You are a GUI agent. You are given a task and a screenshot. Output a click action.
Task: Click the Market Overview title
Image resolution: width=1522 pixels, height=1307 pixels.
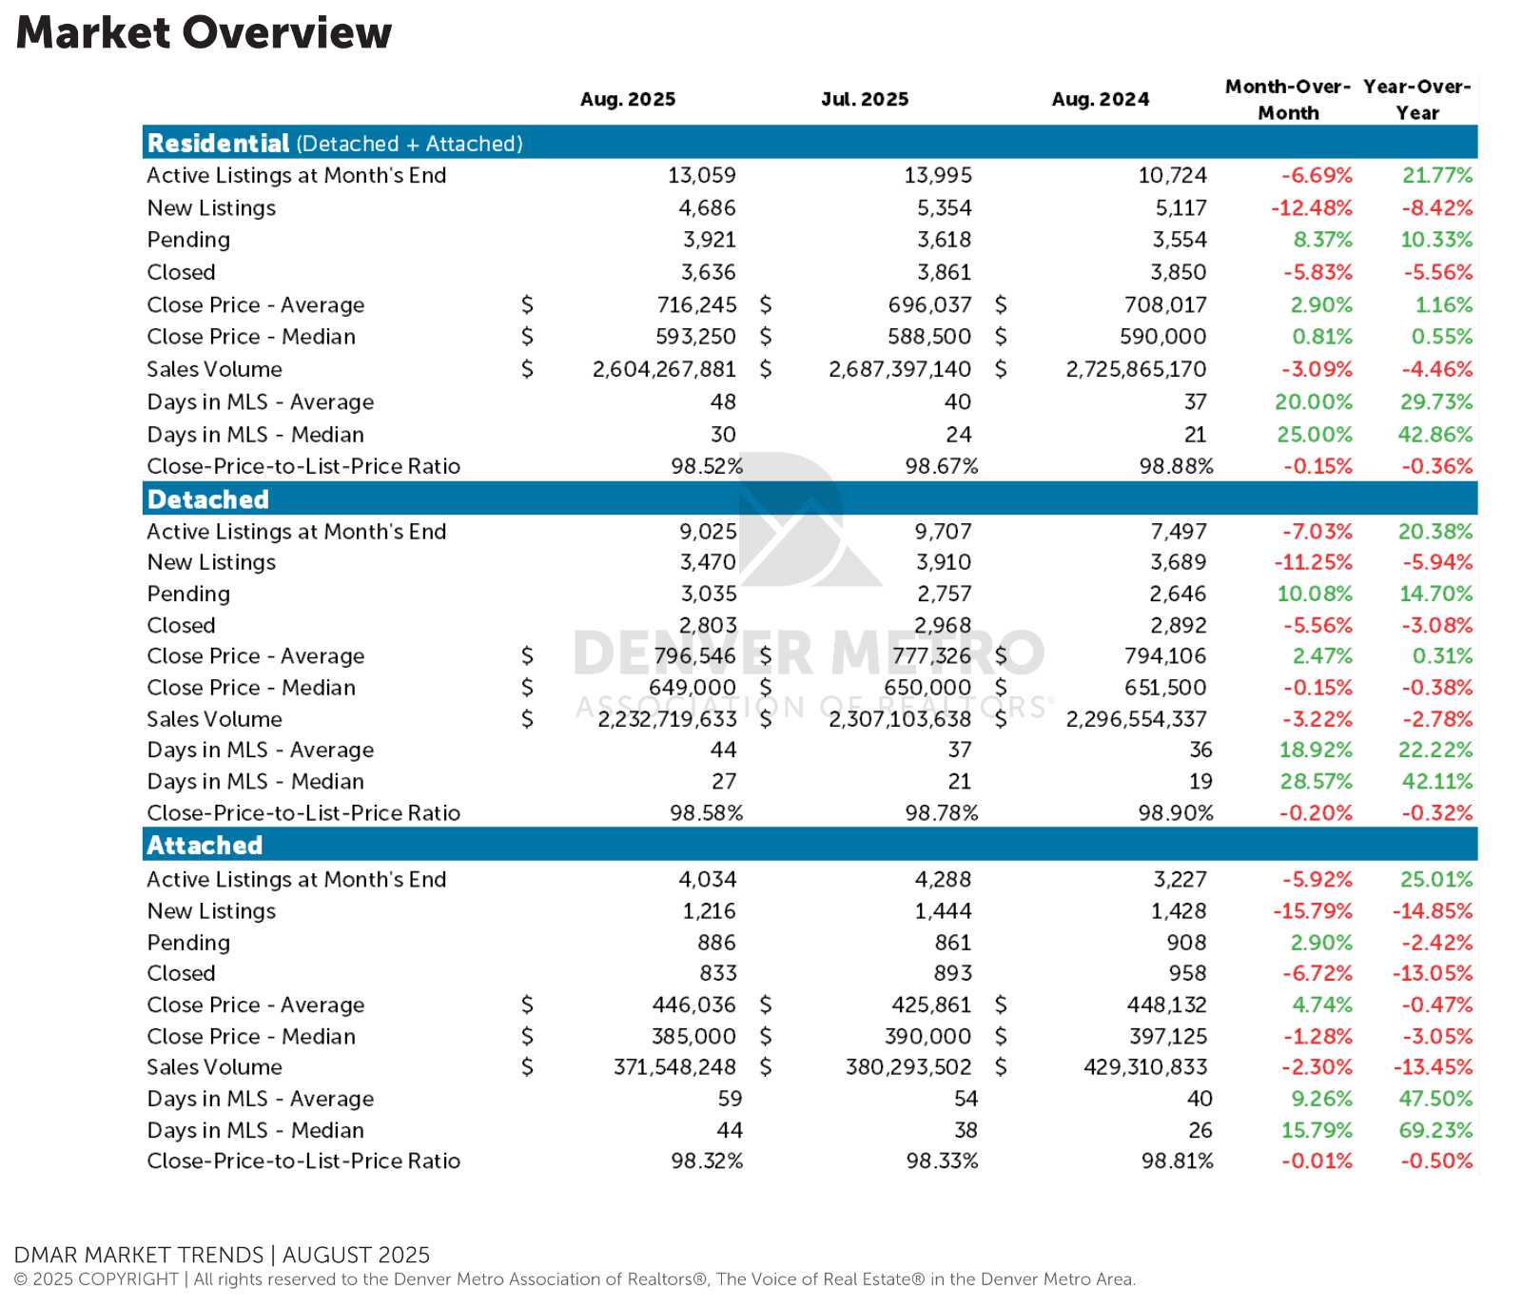click(x=204, y=32)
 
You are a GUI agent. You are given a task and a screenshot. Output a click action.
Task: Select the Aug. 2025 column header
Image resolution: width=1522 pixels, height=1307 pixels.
click(x=628, y=99)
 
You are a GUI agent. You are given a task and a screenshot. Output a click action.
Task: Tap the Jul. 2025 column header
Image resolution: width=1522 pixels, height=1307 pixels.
click(x=865, y=99)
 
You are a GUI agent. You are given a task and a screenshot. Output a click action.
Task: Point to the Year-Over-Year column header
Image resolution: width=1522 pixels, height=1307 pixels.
click(x=1416, y=99)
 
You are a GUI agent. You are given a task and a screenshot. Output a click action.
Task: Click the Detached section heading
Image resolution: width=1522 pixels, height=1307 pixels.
click(x=208, y=499)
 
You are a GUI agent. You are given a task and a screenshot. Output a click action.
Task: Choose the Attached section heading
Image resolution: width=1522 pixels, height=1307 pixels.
click(x=205, y=846)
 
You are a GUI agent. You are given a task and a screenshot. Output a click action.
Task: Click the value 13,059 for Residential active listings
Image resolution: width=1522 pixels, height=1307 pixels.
click(x=701, y=175)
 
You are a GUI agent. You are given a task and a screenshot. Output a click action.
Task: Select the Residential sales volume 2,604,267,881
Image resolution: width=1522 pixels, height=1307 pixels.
click(x=664, y=369)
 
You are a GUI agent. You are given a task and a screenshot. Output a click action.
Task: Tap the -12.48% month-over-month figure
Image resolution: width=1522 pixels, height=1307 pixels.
click(x=1312, y=207)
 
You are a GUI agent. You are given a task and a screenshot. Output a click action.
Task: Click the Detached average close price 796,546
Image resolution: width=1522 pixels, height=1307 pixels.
click(x=694, y=656)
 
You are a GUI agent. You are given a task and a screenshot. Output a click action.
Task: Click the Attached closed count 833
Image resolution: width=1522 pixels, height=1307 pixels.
click(x=717, y=973)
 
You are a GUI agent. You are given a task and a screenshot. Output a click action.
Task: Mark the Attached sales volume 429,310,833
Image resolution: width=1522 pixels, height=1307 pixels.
click(x=1145, y=1067)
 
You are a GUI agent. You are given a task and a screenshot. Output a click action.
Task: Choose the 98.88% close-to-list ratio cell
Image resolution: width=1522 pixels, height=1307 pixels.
click(x=1176, y=466)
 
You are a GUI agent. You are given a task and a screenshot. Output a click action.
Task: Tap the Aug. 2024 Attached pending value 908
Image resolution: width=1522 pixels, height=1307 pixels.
click(x=1186, y=943)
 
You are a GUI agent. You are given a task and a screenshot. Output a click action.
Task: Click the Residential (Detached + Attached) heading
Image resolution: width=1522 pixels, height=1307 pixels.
click(x=335, y=144)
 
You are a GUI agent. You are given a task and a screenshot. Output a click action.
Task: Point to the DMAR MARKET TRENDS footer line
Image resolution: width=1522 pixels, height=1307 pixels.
click(x=222, y=1255)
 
